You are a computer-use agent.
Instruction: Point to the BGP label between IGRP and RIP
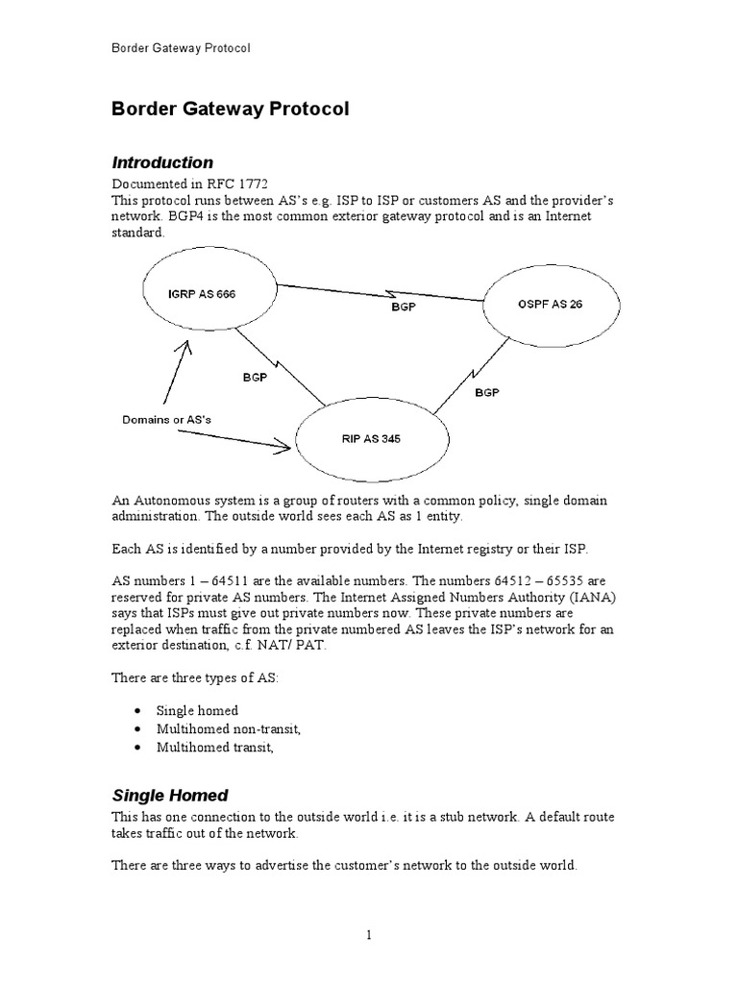[255, 378]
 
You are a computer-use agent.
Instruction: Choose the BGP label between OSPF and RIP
[487, 394]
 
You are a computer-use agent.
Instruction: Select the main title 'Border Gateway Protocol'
[231, 110]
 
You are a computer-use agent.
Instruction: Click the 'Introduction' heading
[162, 162]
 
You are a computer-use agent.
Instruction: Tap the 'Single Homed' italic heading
[170, 795]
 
